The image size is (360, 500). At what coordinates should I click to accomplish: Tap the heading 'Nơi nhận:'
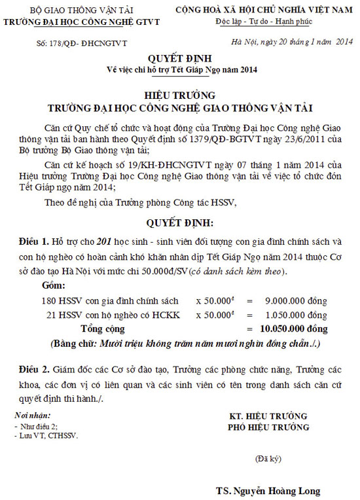(31, 416)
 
